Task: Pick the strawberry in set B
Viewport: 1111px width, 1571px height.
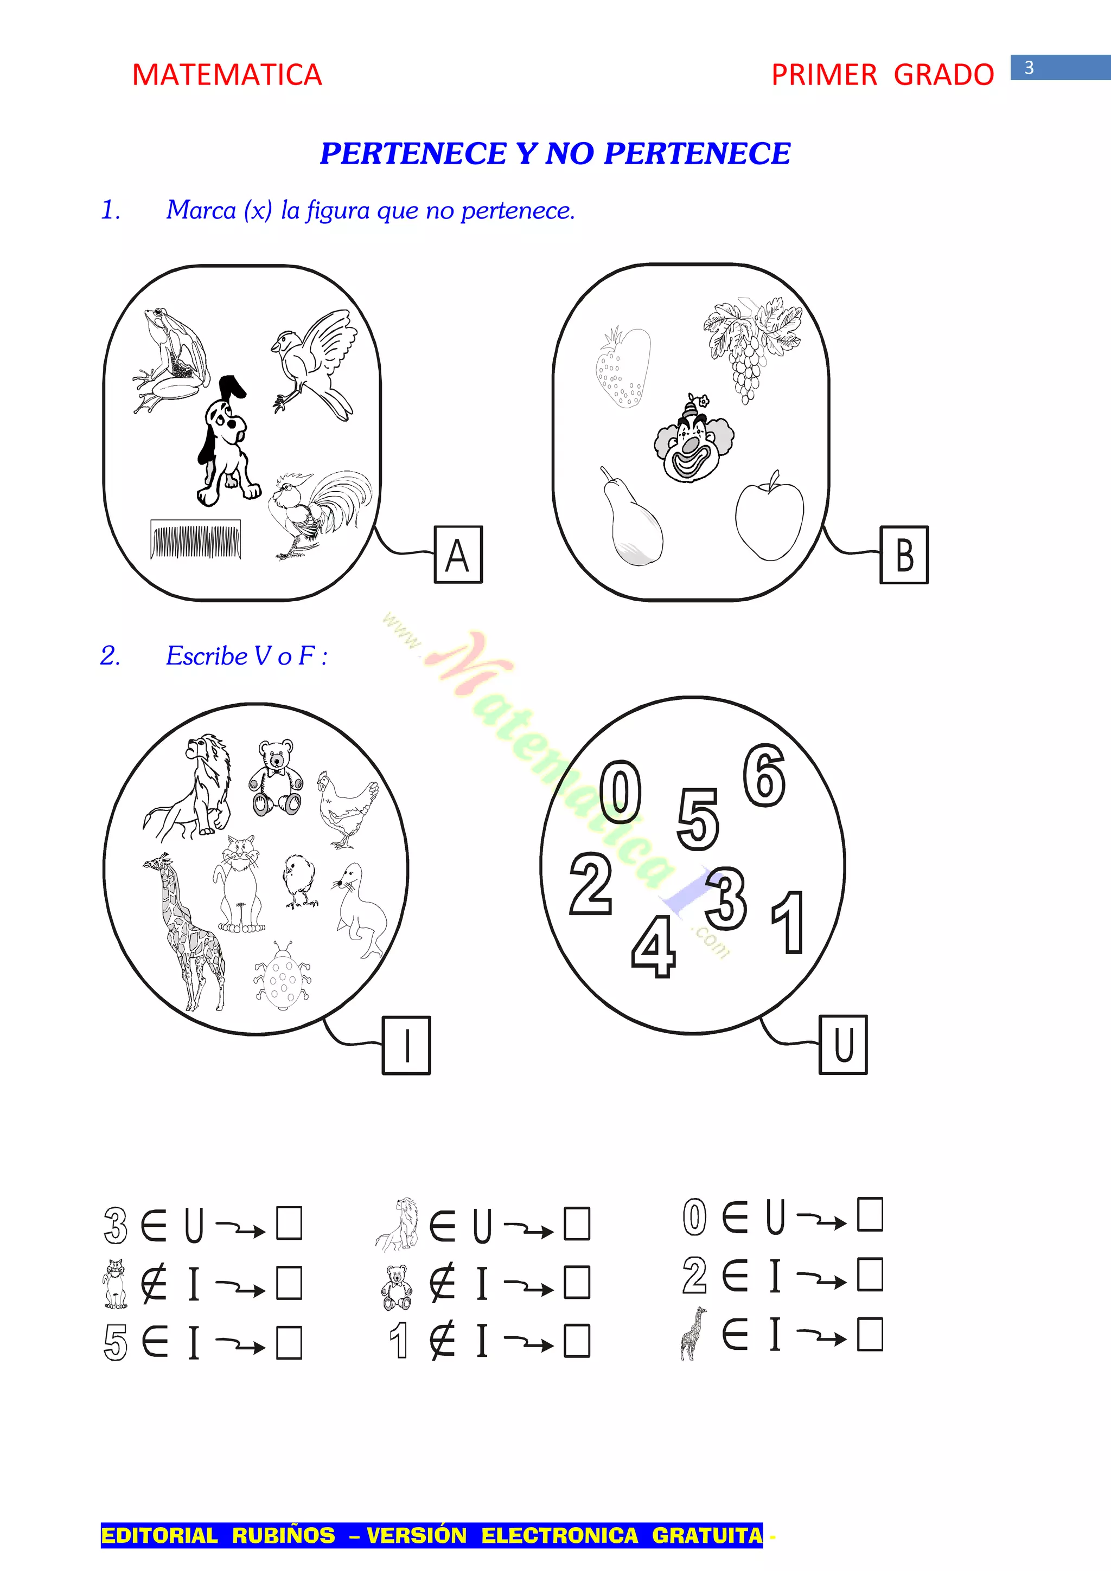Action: (622, 368)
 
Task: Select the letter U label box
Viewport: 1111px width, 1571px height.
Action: (844, 1045)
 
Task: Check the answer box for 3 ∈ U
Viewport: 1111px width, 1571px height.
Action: (289, 1224)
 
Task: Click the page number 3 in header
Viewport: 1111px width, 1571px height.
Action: (1029, 68)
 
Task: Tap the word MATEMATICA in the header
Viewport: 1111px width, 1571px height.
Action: (227, 75)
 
